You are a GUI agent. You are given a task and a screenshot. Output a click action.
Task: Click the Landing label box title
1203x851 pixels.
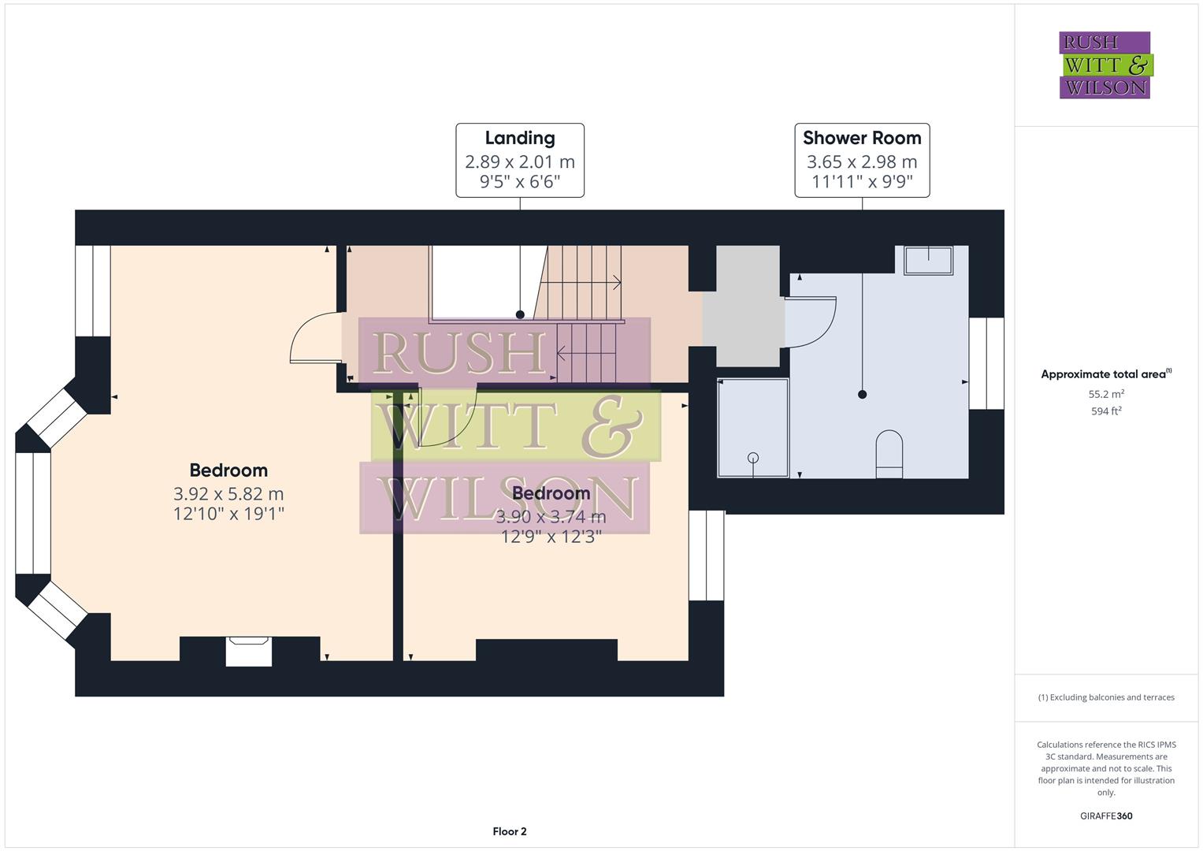click(519, 138)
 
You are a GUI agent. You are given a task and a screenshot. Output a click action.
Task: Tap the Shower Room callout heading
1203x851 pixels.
click(862, 138)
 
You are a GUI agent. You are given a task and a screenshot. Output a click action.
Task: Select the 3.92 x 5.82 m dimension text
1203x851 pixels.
click(228, 494)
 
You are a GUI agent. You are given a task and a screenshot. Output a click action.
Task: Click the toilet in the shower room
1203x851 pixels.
click(889, 454)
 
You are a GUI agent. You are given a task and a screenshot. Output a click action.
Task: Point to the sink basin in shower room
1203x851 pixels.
click(928, 259)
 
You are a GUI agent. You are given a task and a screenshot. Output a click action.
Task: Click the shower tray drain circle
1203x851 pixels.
click(752, 458)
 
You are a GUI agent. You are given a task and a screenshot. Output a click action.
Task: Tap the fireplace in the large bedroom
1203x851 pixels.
click(249, 651)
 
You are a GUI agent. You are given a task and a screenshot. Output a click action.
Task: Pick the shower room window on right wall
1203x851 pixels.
click(986, 363)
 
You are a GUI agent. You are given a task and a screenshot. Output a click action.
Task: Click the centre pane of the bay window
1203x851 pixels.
click(33, 513)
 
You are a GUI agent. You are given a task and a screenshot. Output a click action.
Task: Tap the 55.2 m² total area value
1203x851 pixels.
click(1105, 394)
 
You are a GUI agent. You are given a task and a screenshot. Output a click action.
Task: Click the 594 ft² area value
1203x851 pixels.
click(1105, 411)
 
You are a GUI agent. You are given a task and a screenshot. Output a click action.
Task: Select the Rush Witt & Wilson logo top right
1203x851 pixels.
click(1105, 65)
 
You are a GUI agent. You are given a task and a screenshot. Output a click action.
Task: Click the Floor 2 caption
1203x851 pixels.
click(509, 831)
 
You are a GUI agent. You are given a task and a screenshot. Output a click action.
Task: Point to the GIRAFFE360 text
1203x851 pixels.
click(1105, 816)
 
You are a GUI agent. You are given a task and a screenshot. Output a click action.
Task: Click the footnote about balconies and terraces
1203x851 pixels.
click(1105, 697)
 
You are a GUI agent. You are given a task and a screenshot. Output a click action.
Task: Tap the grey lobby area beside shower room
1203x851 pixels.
click(743, 307)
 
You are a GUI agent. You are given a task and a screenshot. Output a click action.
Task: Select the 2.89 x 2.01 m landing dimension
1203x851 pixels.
click(519, 162)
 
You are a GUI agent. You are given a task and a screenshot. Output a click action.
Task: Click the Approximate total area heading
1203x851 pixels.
click(1105, 374)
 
